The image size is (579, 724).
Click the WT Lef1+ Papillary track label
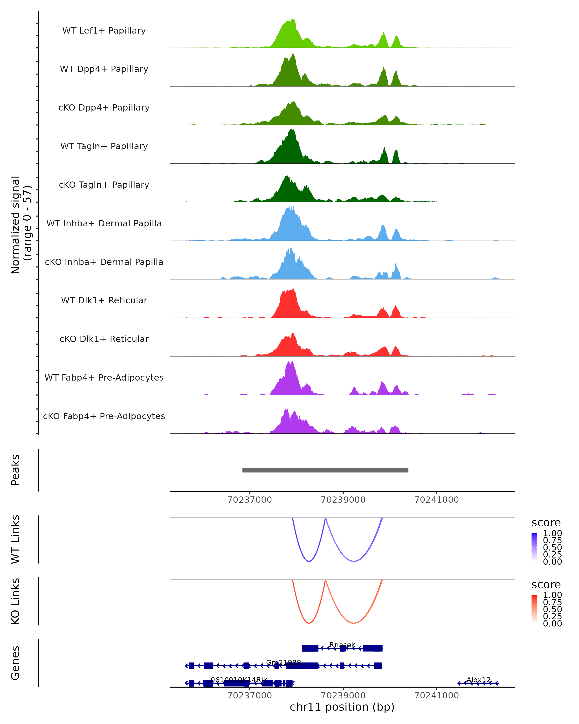pyautogui.click(x=104, y=31)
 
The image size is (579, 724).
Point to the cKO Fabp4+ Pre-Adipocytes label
pyautogui.click(x=104, y=416)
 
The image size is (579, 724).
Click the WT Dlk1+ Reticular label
pyautogui.click(x=104, y=300)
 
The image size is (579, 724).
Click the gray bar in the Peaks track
pyautogui.click(x=325, y=470)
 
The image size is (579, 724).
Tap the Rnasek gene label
pyautogui.click(x=342, y=645)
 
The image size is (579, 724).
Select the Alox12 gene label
pyautogui.click(x=479, y=680)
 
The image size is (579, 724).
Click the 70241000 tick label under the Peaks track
pyautogui.click(x=436, y=500)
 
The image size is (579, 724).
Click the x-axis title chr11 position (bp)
pyautogui.click(x=342, y=707)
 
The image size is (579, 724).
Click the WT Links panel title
pyautogui.click(x=15, y=539)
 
